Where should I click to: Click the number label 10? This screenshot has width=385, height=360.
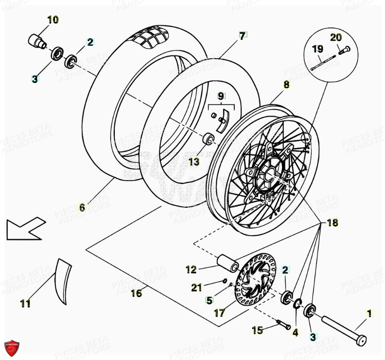click(x=52, y=20)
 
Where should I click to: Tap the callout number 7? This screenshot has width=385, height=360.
click(x=242, y=36)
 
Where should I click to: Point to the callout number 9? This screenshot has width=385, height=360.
click(x=221, y=96)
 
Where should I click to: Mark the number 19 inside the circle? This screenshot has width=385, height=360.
click(x=317, y=49)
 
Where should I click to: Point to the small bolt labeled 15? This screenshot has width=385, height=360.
click(x=283, y=325)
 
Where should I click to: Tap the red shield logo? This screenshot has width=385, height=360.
click(x=13, y=348)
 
